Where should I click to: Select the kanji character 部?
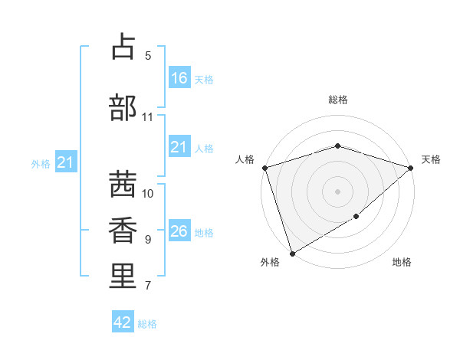click(x=123, y=107)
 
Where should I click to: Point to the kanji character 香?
click(x=123, y=230)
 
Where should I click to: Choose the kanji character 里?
click(x=123, y=276)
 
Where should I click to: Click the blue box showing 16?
click(x=179, y=78)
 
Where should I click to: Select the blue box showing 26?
click(x=179, y=231)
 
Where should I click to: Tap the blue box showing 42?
click(x=123, y=322)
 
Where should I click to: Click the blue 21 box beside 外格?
click(x=65, y=162)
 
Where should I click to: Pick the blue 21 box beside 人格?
click(x=179, y=147)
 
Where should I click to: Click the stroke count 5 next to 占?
click(x=148, y=56)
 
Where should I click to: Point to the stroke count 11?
click(x=148, y=117)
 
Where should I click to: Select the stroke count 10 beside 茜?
click(x=148, y=194)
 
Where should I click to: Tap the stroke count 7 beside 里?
click(x=148, y=286)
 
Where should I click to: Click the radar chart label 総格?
click(x=337, y=100)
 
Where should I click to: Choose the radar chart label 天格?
click(x=431, y=159)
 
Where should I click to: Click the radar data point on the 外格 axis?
click(x=292, y=253)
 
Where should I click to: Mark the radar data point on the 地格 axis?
click(x=356, y=218)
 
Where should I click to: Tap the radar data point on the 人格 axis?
click(x=264, y=168)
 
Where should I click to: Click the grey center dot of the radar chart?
click(x=337, y=191)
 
